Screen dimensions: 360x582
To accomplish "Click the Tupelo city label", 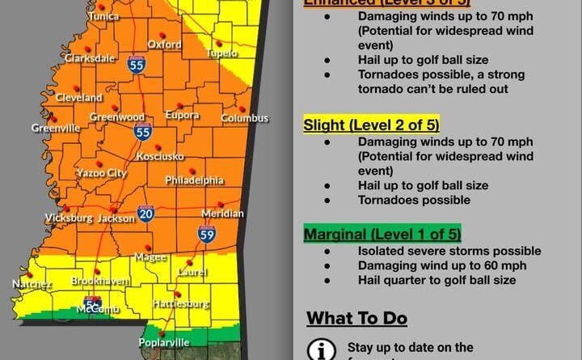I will [223, 53].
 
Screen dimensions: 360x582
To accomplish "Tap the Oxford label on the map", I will [164, 44].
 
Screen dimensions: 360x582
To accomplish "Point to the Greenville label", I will [56, 128].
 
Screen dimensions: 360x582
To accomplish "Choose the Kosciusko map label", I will [160, 155].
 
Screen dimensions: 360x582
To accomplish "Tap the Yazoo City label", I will [101, 173].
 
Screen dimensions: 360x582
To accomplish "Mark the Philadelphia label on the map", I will [195, 180].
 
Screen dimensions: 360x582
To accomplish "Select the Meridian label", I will [222, 214].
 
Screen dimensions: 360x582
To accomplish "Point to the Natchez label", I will [32, 284].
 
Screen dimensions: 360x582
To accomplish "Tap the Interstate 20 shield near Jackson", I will [145, 214].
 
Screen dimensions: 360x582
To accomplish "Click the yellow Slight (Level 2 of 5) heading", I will [371, 125].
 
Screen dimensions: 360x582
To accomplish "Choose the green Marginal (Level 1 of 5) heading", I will [382, 235].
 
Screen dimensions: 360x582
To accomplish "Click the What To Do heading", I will [357, 318].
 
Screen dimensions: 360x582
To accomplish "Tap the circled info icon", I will [323, 350].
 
